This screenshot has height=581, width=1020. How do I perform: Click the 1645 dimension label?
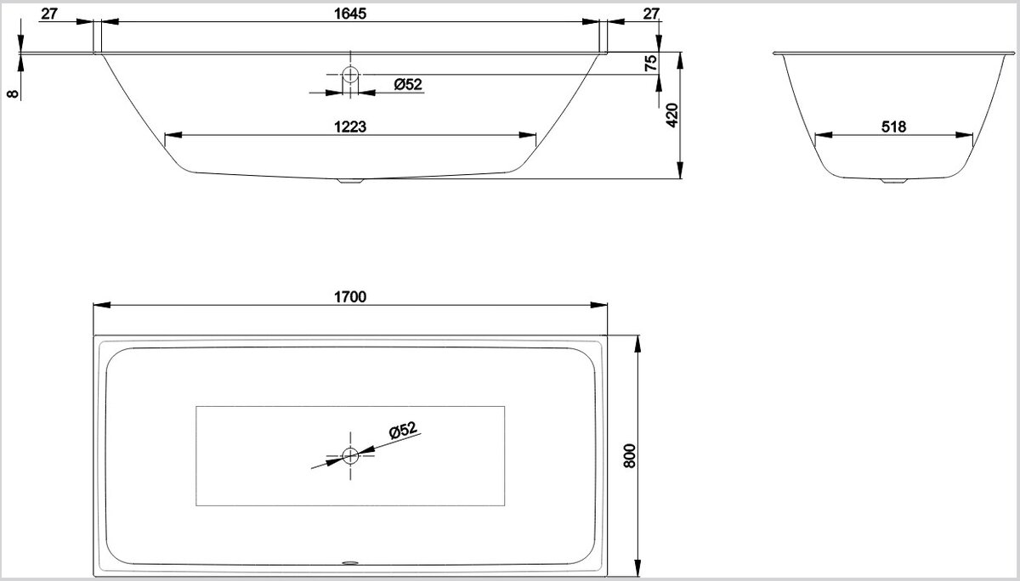click(x=349, y=14)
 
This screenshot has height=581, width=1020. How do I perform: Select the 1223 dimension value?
click(x=349, y=127)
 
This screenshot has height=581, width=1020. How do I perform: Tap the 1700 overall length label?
click(x=349, y=296)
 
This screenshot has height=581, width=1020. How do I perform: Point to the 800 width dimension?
click(x=629, y=455)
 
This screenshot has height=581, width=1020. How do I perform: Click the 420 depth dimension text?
click(x=672, y=116)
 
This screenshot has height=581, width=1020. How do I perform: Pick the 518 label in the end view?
click(x=893, y=127)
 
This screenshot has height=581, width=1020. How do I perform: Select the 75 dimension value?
click(x=651, y=63)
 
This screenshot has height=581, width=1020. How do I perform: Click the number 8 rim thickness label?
click(x=13, y=93)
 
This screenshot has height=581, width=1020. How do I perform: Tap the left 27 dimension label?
click(x=49, y=14)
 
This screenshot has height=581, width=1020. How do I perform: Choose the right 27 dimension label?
click(x=651, y=14)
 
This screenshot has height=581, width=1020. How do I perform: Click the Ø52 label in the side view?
click(x=408, y=84)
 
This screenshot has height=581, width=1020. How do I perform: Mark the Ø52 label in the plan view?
click(x=404, y=430)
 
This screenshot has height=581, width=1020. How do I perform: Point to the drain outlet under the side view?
click(x=350, y=181)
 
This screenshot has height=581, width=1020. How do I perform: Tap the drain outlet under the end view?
click(x=894, y=181)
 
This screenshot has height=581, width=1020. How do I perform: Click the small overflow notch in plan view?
click(x=350, y=563)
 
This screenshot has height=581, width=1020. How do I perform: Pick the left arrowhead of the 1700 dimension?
click(x=101, y=305)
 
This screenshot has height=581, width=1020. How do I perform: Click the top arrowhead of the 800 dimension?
click(x=637, y=344)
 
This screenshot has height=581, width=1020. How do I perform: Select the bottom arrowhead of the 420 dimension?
click(x=680, y=171)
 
